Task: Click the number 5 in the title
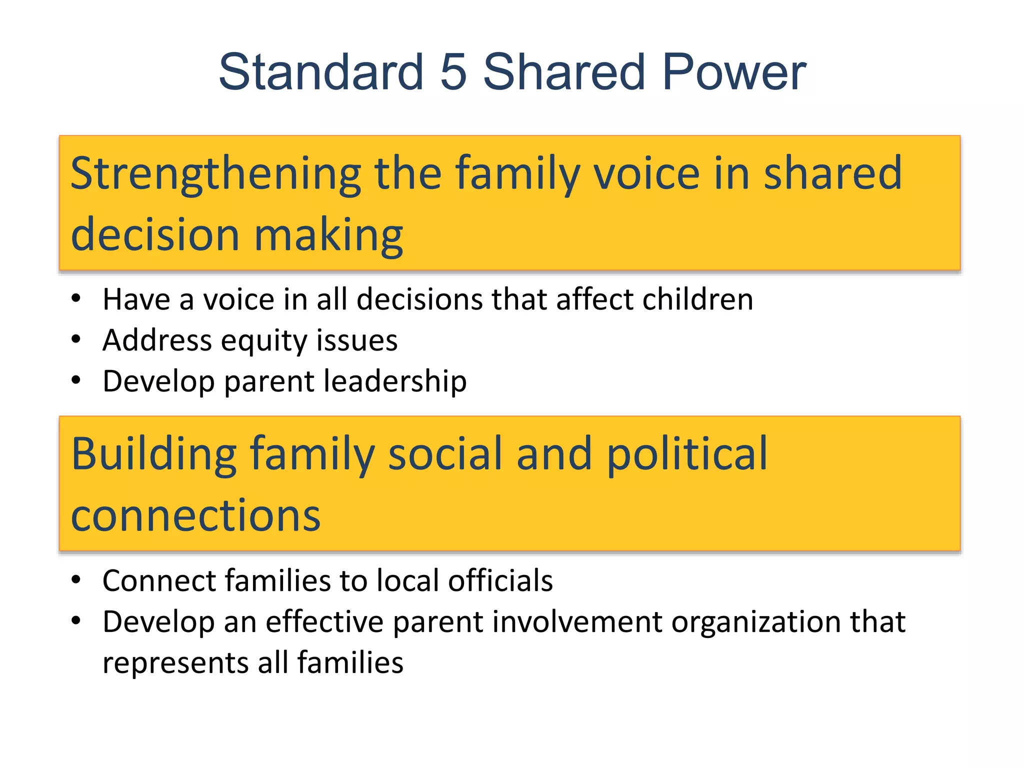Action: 453,72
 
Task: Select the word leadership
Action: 395,381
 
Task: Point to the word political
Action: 687,454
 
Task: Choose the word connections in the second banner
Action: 195,515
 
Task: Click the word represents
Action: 175,663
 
